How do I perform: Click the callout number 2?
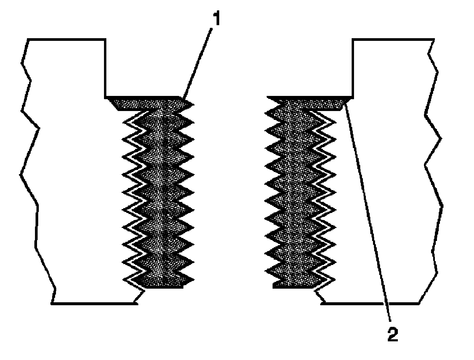pyautogui.click(x=393, y=335)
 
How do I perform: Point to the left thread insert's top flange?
pyautogui.click(x=148, y=104)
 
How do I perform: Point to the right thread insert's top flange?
pyautogui.click(x=308, y=104)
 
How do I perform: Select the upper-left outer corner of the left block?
pyautogui.click(x=28, y=39)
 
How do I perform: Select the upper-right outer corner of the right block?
pyautogui.click(x=434, y=39)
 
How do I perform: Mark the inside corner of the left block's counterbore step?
pyautogui.click(x=105, y=97)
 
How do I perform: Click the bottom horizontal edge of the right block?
pyautogui.click(x=370, y=303)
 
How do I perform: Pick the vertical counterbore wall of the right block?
pyautogui.click(x=353, y=68)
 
